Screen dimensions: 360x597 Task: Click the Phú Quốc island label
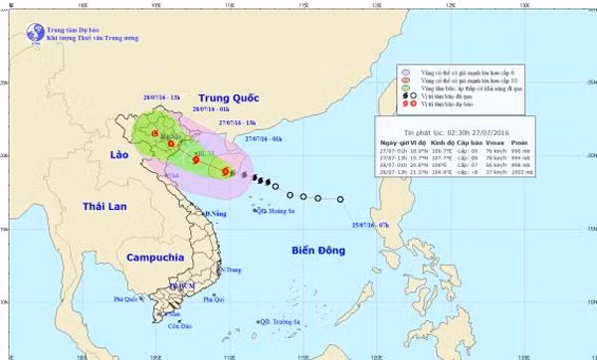tap(127, 298)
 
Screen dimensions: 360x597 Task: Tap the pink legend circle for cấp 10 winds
tap(404, 81)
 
